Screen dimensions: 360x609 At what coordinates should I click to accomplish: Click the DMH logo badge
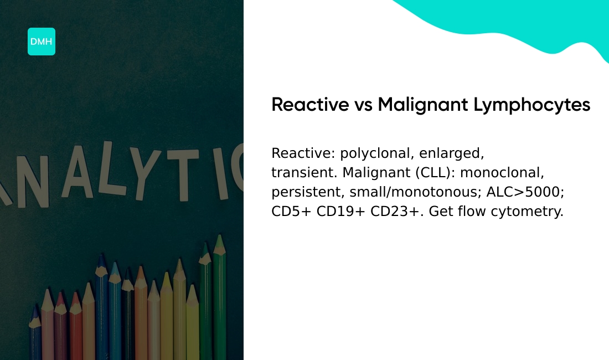pos(42,42)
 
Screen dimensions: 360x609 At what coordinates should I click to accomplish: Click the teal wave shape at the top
pos(515,22)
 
